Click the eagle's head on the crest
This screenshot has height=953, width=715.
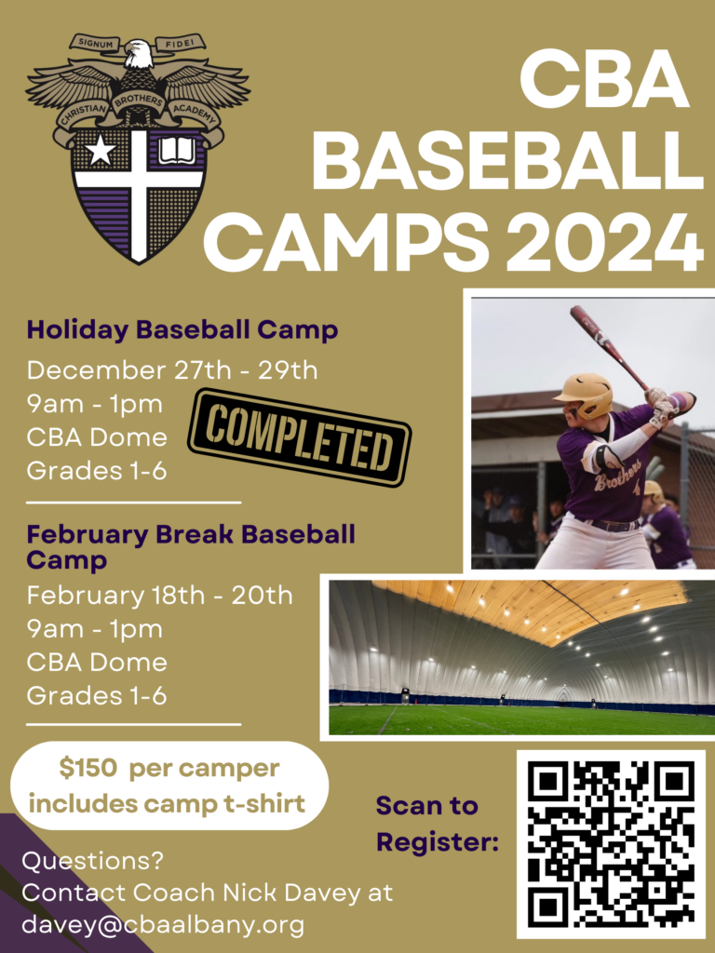click(x=138, y=53)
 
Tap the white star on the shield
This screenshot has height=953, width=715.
click(x=100, y=150)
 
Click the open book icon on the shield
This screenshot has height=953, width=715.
click(x=177, y=150)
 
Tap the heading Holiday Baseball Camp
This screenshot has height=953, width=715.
click(x=182, y=329)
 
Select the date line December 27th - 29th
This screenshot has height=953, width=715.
click(x=172, y=369)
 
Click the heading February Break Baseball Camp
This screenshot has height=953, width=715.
click(x=191, y=547)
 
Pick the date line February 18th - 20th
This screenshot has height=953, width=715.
click(x=159, y=595)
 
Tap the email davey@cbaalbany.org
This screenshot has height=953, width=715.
click(x=163, y=925)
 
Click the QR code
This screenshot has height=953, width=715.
click(x=611, y=844)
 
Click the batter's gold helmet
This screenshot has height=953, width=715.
click(x=586, y=394)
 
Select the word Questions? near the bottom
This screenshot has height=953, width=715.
click(x=78, y=859)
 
